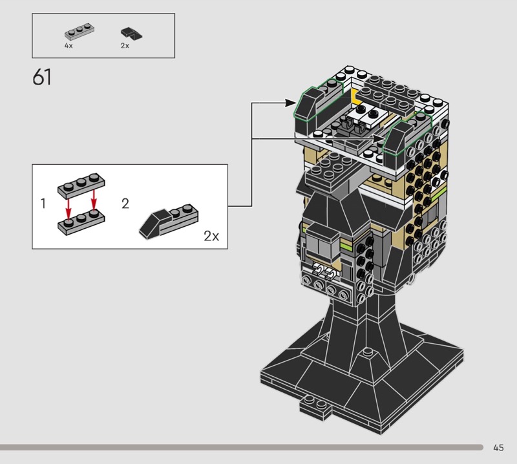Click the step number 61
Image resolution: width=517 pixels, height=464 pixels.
(42, 78)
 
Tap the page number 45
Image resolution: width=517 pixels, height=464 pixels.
(498, 447)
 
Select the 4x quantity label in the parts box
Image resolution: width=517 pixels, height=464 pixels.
(69, 45)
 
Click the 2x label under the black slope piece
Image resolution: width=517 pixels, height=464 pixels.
(125, 45)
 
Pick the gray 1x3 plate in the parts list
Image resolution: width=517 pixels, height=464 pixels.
(79, 30)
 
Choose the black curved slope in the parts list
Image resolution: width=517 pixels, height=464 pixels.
(132, 34)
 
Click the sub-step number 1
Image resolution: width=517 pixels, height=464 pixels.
(43, 204)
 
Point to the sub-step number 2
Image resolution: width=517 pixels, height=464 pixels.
(125, 204)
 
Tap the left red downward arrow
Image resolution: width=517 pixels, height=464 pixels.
(69, 207)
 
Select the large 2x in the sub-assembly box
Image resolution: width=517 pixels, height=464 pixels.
(211, 236)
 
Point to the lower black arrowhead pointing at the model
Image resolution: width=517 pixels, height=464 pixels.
(379, 139)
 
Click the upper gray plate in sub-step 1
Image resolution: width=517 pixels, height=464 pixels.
(81, 185)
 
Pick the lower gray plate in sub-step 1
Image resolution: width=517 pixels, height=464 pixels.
(81, 222)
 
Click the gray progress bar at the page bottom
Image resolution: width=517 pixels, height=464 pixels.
(241, 447)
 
